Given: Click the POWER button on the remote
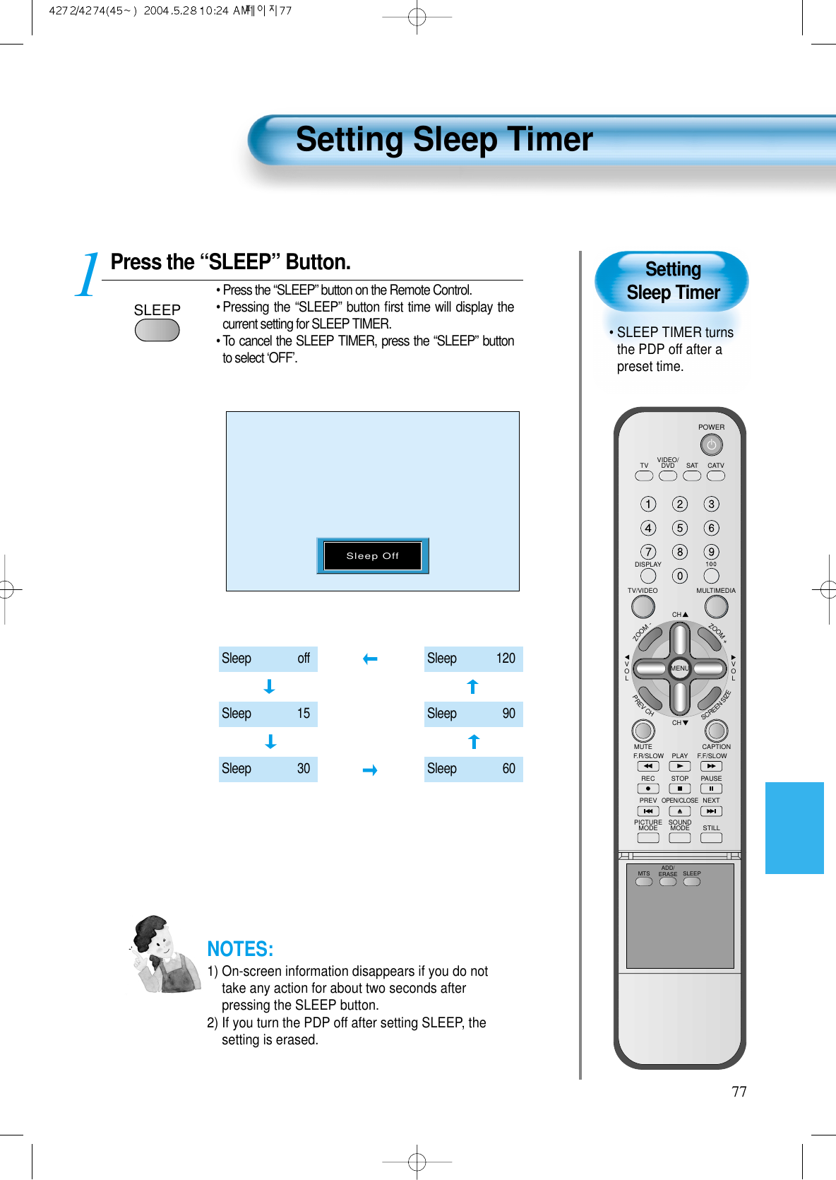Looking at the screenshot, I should pos(711,445).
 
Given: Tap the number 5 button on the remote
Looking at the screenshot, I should pos(679,528).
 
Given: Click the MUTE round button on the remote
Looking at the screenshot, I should pos(643,730).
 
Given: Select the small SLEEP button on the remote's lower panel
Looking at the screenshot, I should pos(692,881).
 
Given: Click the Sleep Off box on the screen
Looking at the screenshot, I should pos(372,555).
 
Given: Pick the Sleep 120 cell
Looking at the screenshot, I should pos(473,659).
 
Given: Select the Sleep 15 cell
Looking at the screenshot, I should pos(268,714).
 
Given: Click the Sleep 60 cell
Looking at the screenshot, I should pos(473,769).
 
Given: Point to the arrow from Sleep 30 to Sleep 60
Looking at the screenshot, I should pos(370,770).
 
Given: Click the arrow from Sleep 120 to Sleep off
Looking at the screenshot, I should pos(370,659).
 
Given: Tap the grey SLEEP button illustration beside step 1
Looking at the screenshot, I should pos(157,330).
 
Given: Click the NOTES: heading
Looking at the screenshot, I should pos(240,949).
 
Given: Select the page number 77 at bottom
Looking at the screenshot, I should pos(739,1092).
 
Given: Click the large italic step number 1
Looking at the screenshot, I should pos(88,276).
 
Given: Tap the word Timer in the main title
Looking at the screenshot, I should pos(543,139).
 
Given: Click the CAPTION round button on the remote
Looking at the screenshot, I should pos(716,730).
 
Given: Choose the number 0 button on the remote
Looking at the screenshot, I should pos(679,576).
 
